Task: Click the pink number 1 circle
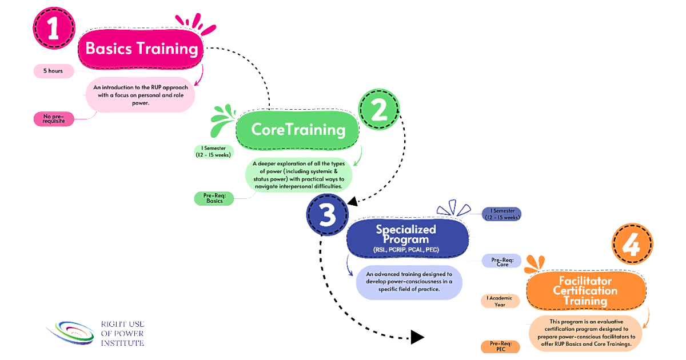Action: (54, 28)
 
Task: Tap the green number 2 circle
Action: (379, 109)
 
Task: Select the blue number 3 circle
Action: (328, 215)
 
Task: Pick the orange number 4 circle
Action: (632, 244)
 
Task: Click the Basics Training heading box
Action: (141, 49)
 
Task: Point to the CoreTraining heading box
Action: (297, 130)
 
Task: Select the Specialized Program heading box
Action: (408, 238)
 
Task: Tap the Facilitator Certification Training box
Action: (586, 290)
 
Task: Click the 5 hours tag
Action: (54, 71)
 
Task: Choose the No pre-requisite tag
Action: (54, 119)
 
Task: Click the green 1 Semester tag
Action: (214, 151)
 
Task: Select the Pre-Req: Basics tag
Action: (214, 198)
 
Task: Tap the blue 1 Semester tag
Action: (502, 214)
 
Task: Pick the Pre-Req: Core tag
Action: (502, 262)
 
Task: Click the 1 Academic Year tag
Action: (500, 301)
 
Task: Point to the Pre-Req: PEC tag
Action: (500, 346)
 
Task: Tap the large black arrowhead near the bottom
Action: (417, 337)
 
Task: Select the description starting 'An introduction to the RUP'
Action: (140, 95)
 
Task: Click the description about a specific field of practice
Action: (409, 282)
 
